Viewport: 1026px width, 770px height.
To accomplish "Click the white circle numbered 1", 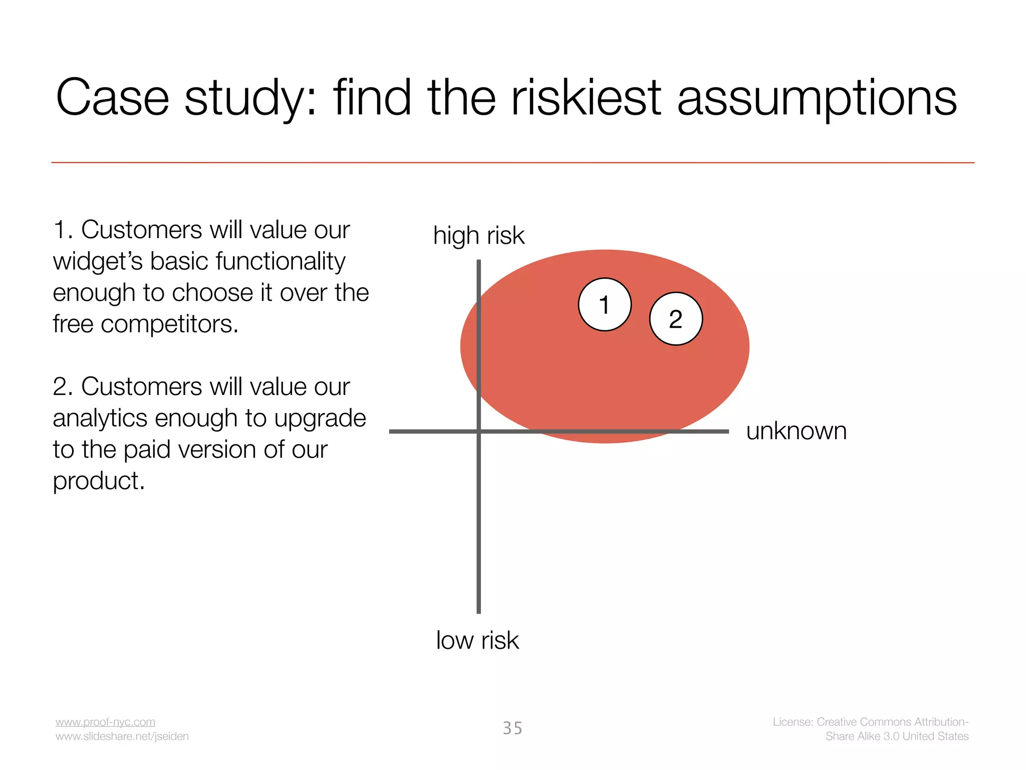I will (x=605, y=304).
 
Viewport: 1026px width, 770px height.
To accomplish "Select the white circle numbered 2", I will (x=676, y=319).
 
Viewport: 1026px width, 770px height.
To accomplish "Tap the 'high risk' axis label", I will (x=478, y=236).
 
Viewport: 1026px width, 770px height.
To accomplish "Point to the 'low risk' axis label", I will (x=477, y=640).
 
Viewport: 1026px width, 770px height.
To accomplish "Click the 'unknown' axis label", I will (x=796, y=431).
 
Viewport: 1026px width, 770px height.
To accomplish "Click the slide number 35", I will (x=512, y=728).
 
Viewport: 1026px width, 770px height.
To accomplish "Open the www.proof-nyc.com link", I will (x=105, y=722).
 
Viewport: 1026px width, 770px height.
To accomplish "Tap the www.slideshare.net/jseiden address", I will (x=122, y=736).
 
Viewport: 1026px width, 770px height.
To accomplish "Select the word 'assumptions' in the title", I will (x=817, y=98).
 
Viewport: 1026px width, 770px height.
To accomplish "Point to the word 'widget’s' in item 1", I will (x=98, y=262).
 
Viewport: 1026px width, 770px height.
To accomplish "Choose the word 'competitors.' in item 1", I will (x=169, y=324).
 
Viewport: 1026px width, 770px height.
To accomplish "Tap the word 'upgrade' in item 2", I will (x=320, y=419).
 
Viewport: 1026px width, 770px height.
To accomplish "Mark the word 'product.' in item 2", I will (x=99, y=481).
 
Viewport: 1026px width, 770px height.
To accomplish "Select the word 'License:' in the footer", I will (x=793, y=722).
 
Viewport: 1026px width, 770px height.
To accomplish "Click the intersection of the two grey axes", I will (x=479, y=431).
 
